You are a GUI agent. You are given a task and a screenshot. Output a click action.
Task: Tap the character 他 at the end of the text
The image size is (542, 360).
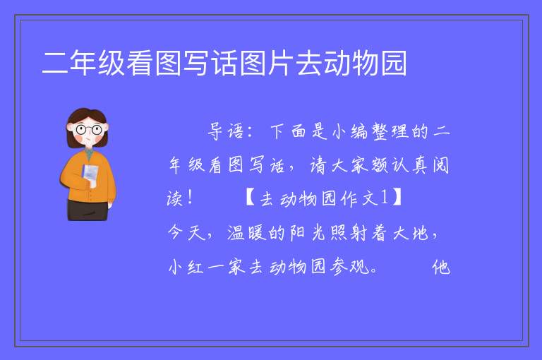tap(441, 267)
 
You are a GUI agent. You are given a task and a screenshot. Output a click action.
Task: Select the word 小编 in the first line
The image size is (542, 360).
tap(349, 131)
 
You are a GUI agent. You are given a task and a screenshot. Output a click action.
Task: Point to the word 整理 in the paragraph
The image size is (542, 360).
tap(390, 131)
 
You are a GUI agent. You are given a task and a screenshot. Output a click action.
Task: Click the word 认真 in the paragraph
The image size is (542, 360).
tap(410, 165)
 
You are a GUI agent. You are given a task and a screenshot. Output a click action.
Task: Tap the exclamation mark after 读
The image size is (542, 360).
tap(189, 198)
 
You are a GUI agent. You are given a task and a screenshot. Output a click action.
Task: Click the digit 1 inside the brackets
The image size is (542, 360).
tap(384, 198)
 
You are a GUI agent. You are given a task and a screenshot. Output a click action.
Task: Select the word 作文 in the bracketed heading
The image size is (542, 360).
tap(359, 198)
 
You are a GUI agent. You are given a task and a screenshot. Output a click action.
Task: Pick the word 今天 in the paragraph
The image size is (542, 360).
tap(186, 233)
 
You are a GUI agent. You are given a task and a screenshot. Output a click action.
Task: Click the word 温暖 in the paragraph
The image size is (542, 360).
tap(247, 233)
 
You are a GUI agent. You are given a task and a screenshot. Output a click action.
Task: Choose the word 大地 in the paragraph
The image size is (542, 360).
tap(411, 233)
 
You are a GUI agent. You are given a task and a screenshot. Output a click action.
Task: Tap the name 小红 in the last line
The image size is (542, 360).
tap(186, 267)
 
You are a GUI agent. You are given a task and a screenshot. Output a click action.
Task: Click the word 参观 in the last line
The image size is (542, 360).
tap(350, 267)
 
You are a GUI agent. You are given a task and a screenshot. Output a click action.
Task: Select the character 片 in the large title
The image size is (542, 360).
tap(280, 63)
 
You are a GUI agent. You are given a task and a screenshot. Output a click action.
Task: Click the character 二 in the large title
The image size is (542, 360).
tap(55, 63)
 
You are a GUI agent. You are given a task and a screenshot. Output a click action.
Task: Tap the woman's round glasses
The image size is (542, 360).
tap(89, 130)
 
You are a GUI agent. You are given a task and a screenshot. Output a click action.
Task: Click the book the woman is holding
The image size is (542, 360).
tap(90, 175)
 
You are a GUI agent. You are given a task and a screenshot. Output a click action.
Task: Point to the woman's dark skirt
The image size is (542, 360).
tap(88, 210)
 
